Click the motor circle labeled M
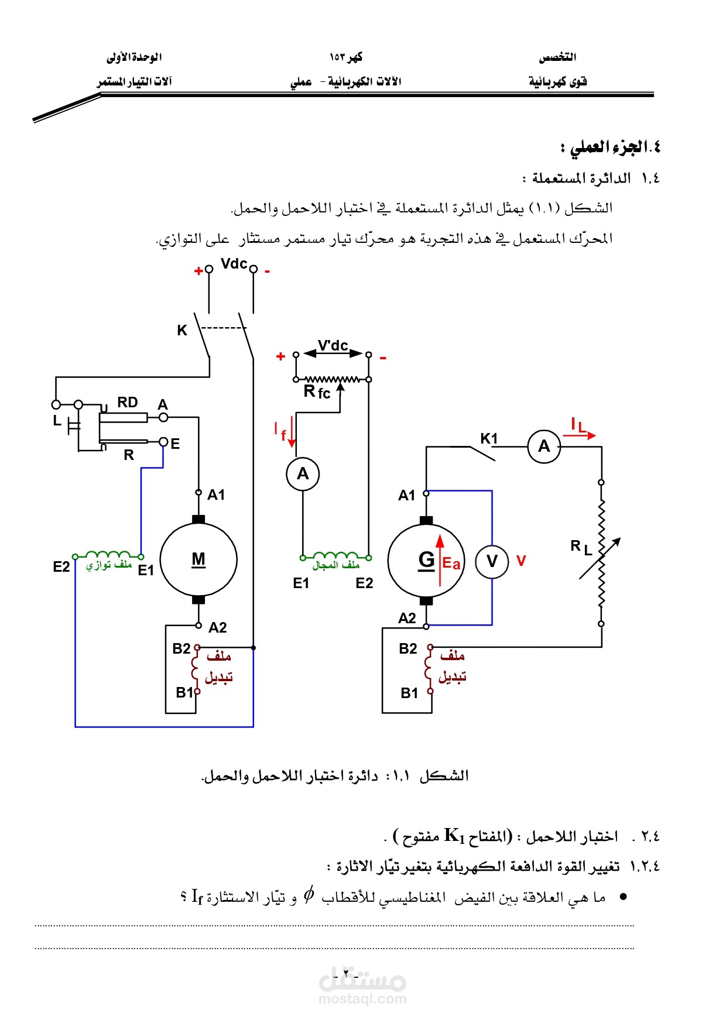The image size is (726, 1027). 198,559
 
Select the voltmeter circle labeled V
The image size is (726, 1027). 492,561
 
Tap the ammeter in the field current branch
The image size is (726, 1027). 303,473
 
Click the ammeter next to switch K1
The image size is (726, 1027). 544,446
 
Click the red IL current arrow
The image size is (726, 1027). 583,435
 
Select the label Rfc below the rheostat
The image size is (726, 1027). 317,392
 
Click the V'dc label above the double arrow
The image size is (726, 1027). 333,346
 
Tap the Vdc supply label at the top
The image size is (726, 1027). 234,264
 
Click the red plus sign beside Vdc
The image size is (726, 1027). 198,270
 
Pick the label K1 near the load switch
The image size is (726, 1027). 489,438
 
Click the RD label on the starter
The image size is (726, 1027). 127,402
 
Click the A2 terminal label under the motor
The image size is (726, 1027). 217,628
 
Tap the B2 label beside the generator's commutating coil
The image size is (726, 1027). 408,648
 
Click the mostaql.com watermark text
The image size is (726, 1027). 362,999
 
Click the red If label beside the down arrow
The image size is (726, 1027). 280,432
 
